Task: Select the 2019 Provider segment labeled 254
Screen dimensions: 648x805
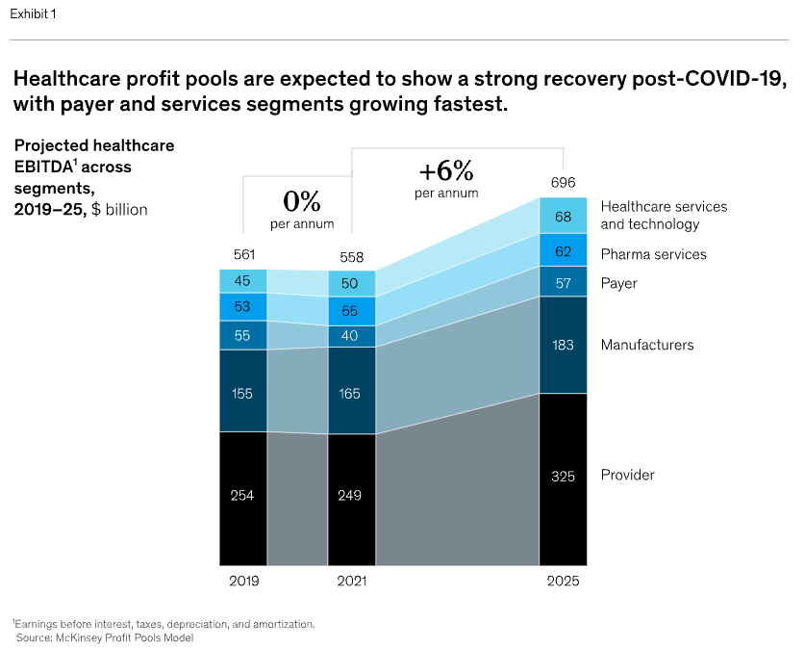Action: (243, 496)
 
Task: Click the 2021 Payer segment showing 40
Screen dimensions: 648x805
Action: (352, 336)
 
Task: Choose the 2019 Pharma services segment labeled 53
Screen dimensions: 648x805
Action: (243, 307)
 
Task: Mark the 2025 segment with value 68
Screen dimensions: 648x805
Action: (563, 217)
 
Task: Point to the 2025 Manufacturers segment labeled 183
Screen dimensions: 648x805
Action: (563, 345)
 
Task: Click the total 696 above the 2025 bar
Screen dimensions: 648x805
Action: (563, 183)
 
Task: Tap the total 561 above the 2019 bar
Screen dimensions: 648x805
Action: (243, 255)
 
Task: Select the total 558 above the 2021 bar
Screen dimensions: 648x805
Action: (352, 257)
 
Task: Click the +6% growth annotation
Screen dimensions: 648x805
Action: (446, 173)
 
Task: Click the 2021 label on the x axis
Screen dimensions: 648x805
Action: (352, 582)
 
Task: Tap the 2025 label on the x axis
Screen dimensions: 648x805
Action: (563, 582)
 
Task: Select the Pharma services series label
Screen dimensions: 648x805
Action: (653, 254)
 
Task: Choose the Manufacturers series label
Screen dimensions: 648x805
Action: (646, 345)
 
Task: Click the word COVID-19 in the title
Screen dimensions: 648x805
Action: (734, 78)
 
